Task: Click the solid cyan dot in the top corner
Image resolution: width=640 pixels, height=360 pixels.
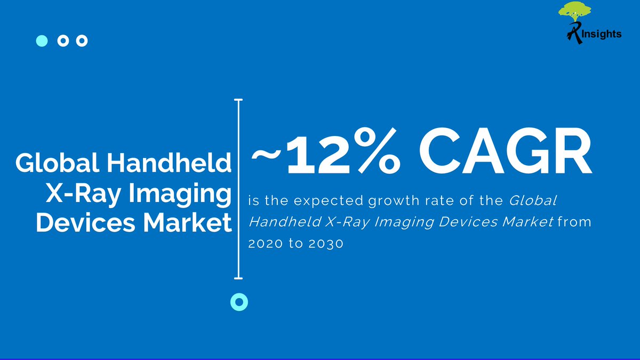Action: coord(42,41)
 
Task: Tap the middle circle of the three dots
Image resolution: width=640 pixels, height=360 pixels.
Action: coord(62,41)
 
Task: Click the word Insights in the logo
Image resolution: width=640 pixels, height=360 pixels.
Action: coord(602,34)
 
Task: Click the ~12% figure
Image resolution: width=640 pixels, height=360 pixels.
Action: coord(326,154)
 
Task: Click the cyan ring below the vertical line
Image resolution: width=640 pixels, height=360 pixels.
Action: coord(239,302)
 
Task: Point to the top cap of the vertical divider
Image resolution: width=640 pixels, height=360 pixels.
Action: coord(239,100)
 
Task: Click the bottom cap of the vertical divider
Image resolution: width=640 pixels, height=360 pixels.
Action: coord(239,277)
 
